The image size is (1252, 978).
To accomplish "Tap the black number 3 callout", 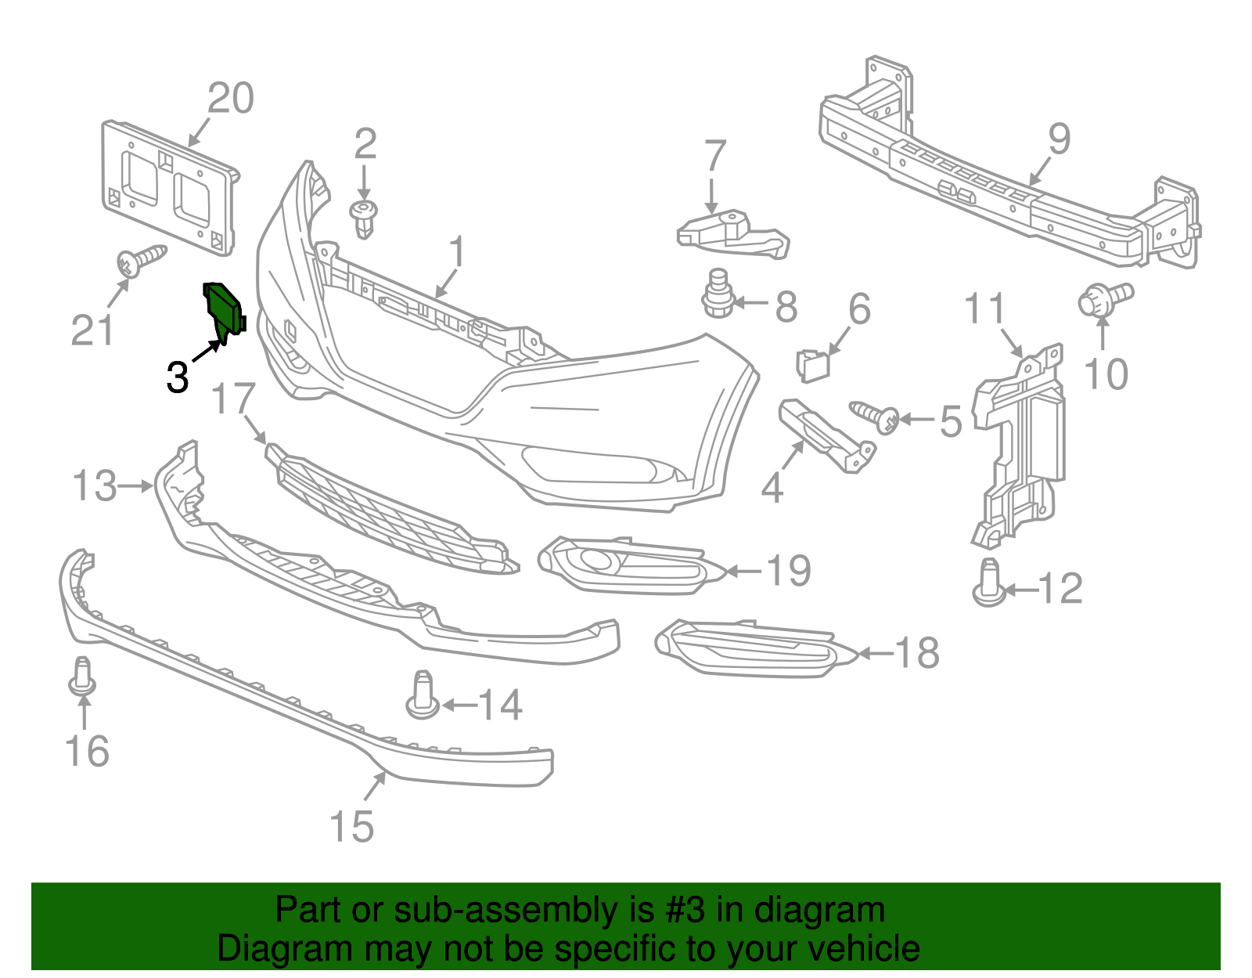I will pos(178,377).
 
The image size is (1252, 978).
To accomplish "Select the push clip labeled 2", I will pos(363,218).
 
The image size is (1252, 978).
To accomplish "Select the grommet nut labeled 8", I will pos(717,295).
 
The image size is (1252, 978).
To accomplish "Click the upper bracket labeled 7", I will pos(732,234).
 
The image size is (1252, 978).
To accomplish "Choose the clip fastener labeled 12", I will pos(990,585).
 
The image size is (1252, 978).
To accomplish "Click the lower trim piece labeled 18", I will pos(755,649).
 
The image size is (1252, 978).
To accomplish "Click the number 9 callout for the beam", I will pos(1059,139).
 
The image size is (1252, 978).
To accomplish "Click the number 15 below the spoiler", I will pos(351,826).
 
